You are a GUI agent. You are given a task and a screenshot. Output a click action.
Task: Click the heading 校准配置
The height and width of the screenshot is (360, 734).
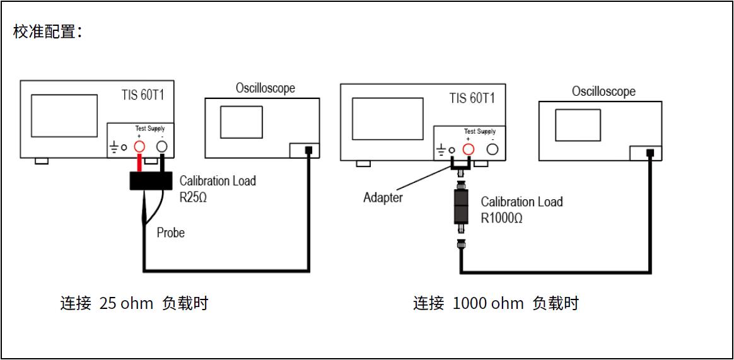tap(48, 32)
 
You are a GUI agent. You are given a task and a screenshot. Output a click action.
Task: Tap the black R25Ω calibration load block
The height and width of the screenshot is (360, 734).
tap(151, 180)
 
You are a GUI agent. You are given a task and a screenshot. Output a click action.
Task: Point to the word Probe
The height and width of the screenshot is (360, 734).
tap(171, 233)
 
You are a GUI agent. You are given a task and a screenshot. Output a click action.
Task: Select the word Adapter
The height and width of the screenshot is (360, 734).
tap(383, 197)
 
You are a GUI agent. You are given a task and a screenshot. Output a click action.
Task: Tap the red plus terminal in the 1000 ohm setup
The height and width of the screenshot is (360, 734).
tap(468, 149)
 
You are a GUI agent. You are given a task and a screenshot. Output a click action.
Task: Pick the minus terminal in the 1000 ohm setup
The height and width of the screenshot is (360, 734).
tap(493, 149)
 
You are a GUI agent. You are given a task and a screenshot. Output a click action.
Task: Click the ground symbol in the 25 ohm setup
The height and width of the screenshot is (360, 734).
tap(114, 148)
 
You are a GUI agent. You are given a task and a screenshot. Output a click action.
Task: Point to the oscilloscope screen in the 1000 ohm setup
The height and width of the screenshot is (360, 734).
tap(578, 125)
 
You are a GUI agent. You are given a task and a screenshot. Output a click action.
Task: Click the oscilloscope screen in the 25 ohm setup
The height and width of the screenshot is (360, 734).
tap(241, 122)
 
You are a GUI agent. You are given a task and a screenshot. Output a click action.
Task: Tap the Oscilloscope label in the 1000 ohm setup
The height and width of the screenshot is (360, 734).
tap(603, 91)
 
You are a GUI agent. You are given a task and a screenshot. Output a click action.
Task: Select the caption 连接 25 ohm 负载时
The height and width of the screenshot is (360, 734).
tap(134, 304)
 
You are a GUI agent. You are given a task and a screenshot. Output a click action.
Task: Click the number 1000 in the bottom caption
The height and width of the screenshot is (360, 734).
tap(470, 304)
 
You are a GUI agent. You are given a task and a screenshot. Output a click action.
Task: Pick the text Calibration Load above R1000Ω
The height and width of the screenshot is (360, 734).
tap(521, 202)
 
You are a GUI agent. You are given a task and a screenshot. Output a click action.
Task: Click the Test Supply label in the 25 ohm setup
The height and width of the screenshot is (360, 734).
tap(149, 129)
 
